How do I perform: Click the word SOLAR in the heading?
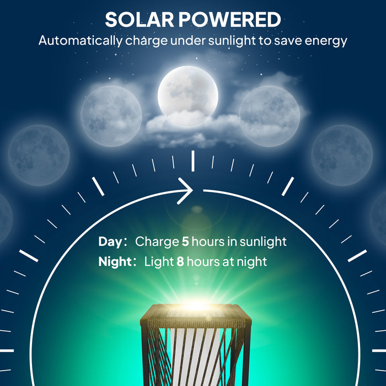tap(138, 20)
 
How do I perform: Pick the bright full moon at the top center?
tap(188, 92)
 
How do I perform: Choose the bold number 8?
tap(180, 261)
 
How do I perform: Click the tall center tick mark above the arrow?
tap(192, 160)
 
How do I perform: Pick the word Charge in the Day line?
tap(157, 242)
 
